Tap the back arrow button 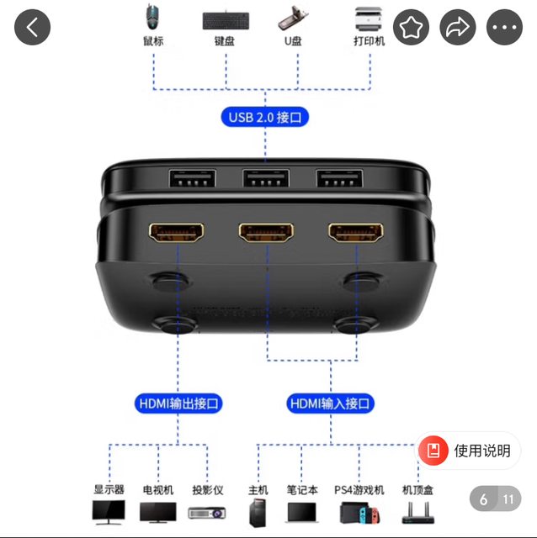click(x=32, y=27)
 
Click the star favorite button click(x=411, y=27)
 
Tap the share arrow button click(x=458, y=27)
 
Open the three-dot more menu click(x=504, y=27)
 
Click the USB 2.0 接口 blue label click(x=265, y=117)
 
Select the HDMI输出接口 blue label click(x=178, y=403)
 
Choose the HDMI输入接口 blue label click(x=330, y=403)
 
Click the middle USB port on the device click(x=266, y=178)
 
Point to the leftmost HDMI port click(x=176, y=232)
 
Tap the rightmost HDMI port click(x=355, y=232)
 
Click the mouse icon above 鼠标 click(x=152, y=17)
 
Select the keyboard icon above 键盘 click(x=226, y=20)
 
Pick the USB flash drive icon click(x=293, y=18)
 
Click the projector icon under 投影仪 click(x=207, y=513)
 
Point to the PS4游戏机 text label click(x=359, y=490)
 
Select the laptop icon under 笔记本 click(x=302, y=513)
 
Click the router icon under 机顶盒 click(x=417, y=513)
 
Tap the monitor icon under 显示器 click(x=109, y=512)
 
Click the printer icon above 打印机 click(x=369, y=18)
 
